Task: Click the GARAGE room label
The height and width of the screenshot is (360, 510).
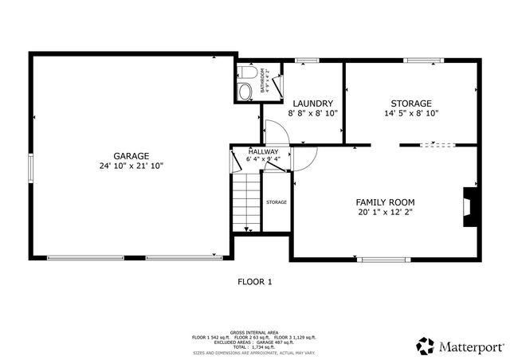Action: (131, 155)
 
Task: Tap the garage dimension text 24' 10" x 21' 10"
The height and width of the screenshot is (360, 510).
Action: (131, 166)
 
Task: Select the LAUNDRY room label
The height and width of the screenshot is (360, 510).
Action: (312, 104)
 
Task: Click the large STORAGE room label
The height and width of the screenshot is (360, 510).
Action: (410, 104)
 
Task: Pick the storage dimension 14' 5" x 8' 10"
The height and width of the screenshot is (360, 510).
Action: (411, 114)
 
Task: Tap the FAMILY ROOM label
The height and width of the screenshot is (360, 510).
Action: (385, 202)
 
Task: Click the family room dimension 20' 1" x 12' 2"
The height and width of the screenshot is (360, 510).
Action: (385, 212)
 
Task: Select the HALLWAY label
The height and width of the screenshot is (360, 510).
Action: (263, 151)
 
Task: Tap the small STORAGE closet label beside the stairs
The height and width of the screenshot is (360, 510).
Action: (277, 202)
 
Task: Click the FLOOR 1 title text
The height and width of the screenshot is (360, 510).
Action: (255, 281)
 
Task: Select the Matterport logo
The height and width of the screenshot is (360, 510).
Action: (460, 346)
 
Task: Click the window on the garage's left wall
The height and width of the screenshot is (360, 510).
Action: (31, 167)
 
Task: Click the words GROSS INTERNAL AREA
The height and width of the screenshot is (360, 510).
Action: (254, 331)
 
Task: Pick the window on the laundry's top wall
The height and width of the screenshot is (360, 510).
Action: (306, 60)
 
